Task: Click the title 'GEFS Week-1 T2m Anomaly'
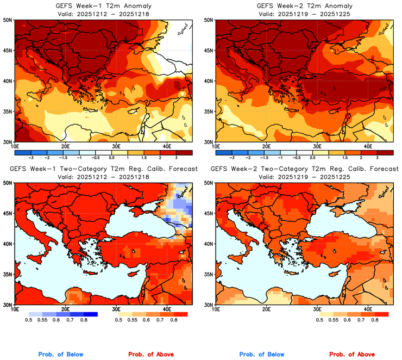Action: pyautogui.click(x=103, y=6)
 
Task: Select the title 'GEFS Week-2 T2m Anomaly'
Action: pyautogui.click(x=303, y=6)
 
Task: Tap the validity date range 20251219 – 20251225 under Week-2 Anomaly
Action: pyautogui.click(x=303, y=14)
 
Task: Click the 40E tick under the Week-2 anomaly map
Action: pyautogui.click(x=368, y=146)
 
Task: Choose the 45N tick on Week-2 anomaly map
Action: pyautogui.click(x=209, y=51)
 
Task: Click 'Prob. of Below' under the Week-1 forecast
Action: pyautogui.click(x=60, y=354)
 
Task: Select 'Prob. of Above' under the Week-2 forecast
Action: pyautogui.click(x=355, y=354)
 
